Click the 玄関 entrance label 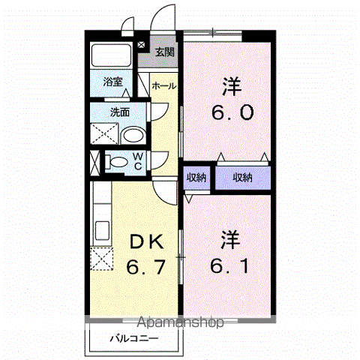pyautogui.click(x=164, y=52)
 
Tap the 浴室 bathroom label pyautogui.click(x=113, y=82)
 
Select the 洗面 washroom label pyautogui.click(x=120, y=112)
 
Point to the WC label pyautogui.click(x=138, y=161)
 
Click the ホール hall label pyautogui.click(x=164, y=86)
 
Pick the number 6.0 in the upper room pyautogui.click(x=232, y=112)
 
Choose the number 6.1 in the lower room pyautogui.click(x=229, y=265)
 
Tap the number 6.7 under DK pyautogui.click(x=145, y=267)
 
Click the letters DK pyautogui.click(x=147, y=241)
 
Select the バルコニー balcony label pyautogui.click(x=134, y=339)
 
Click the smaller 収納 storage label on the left pyautogui.click(x=196, y=178)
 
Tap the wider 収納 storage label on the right pyautogui.click(x=242, y=178)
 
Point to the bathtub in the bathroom pyautogui.click(x=111, y=55)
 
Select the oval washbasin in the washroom pyautogui.click(x=133, y=135)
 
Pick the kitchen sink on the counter pyautogui.click(x=102, y=230)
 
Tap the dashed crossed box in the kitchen pyautogui.click(x=102, y=259)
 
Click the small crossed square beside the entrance pyautogui.click(x=141, y=45)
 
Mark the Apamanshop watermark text pyautogui.click(x=180, y=322)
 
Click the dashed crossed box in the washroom pyautogui.click(x=104, y=133)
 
